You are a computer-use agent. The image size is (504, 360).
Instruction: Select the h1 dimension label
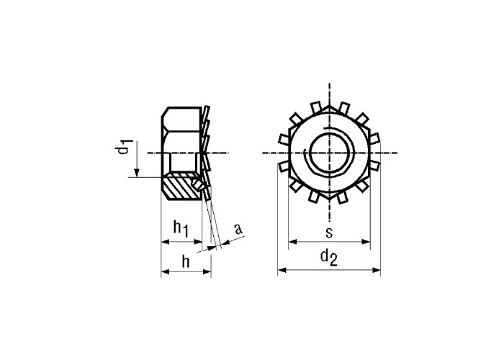point(180,229)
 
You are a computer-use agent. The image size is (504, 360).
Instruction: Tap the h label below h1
point(185,261)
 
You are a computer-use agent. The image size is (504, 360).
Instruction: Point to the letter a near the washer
point(238,230)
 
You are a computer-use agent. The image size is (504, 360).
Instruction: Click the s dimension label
point(328,232)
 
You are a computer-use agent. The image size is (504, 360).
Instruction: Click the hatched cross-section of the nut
point(180,189)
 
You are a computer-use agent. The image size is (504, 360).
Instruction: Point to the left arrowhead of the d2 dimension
point(282,270)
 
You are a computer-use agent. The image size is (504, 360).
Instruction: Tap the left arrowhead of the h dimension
point(163,271)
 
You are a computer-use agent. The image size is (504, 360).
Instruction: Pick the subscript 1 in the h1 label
point(184,232)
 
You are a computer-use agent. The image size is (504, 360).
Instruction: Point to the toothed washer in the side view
point(206,151)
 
